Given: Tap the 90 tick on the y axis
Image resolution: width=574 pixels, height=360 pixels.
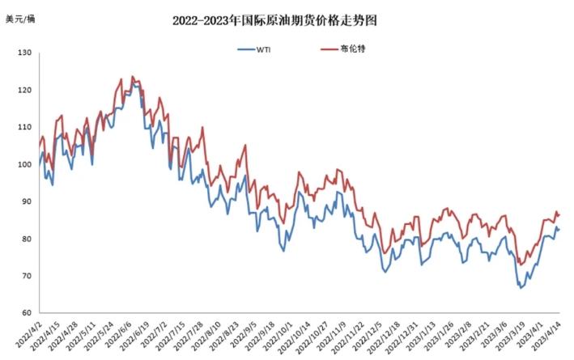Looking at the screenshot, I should click(26, 201).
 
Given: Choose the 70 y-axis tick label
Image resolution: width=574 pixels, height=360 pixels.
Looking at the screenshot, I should click(26, 276).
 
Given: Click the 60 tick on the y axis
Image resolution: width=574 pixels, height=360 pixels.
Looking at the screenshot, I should click(26, 313).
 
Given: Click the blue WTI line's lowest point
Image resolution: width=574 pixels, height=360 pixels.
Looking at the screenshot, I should click(520, 288).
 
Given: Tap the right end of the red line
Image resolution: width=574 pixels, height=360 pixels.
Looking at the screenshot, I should click(559, 214).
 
